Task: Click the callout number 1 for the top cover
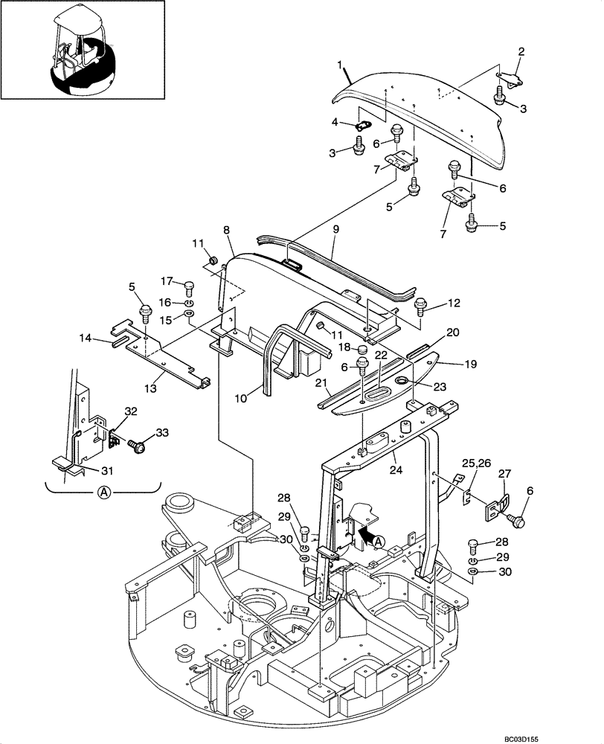(x=341, y=67)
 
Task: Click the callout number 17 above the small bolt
(x=167, y=280)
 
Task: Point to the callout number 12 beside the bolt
(x=453, y=303)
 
